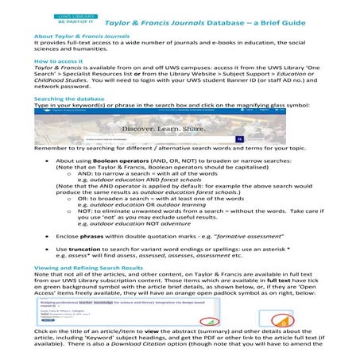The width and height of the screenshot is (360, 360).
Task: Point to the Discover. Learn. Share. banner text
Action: pyautogui.click(x=180, y=129)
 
